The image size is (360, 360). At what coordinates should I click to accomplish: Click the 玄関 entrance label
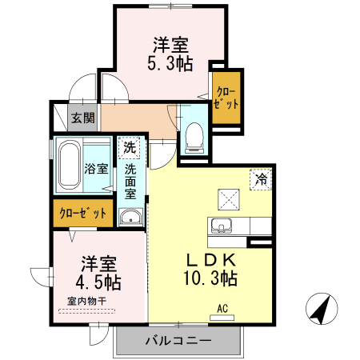click(82, 118)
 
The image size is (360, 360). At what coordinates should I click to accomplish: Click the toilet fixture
click(193, 137)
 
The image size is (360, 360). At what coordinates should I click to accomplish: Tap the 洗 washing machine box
click(130, 148)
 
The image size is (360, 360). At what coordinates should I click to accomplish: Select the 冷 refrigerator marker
click(261, 178)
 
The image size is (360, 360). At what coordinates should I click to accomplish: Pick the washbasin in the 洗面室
click(130, 217)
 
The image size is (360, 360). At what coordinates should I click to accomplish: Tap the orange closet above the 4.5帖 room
click(83, 214)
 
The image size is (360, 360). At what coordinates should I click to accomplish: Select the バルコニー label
click(178, 341)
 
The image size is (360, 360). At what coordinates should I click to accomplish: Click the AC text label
click(223, 306)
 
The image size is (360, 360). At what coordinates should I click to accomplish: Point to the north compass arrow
click(322, 310)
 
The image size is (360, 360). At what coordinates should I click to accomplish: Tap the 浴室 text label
click(98, 170)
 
